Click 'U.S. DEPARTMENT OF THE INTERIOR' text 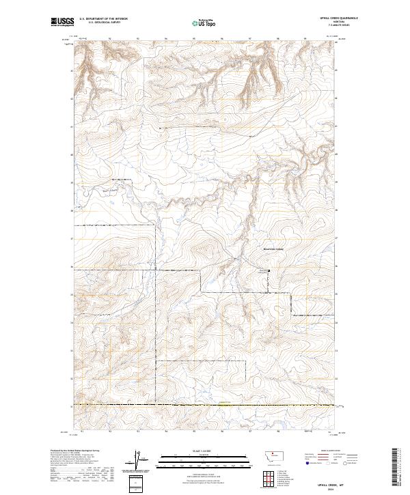103,18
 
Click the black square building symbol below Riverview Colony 269,271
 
